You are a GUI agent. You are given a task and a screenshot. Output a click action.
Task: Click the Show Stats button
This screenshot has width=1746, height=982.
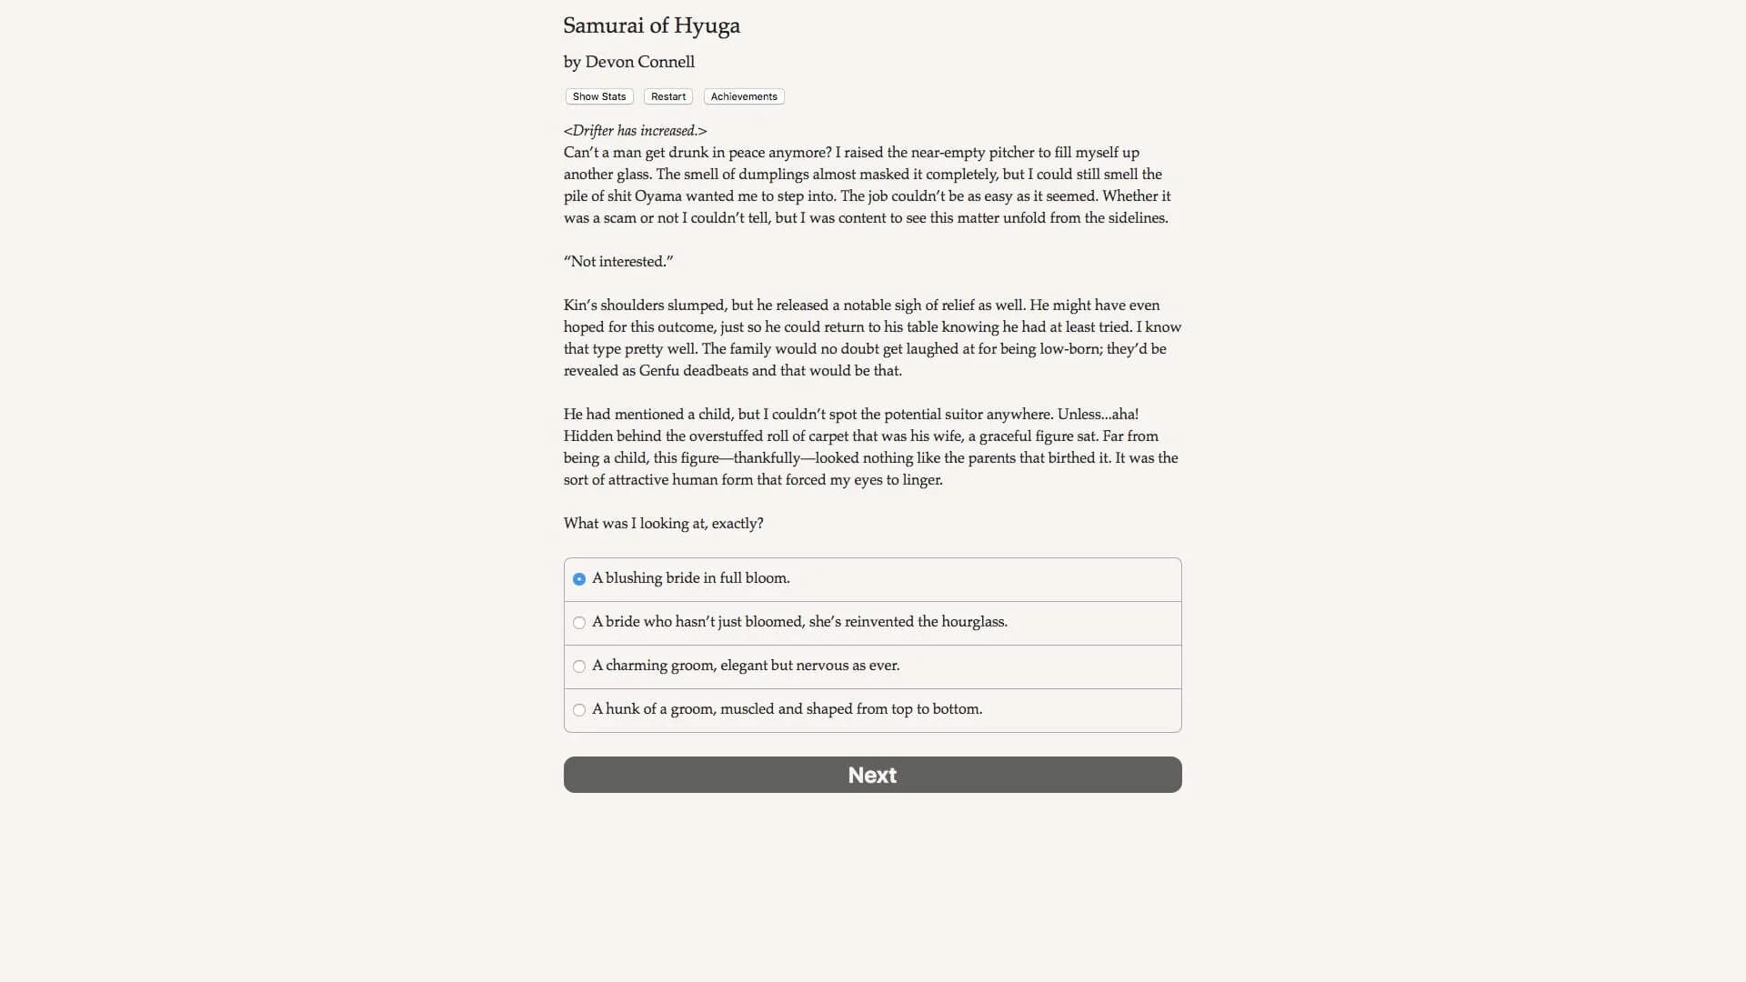click(x=599, y=96)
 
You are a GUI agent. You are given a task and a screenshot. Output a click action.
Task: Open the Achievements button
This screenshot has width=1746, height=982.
click(x=744, y=96)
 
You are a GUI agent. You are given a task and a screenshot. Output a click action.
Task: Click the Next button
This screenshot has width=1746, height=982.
click(x=872, y=775)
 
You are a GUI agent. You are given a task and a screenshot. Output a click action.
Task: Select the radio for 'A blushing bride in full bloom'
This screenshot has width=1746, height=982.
click(x=579, y=579)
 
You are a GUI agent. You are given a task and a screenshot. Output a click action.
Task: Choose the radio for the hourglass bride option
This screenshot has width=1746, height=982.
click(x=579, y=623)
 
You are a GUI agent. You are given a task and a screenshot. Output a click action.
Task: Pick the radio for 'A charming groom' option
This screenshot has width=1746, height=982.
click(x=579, y=666)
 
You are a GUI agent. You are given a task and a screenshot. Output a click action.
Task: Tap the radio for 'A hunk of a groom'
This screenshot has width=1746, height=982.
click(x=579, y=710)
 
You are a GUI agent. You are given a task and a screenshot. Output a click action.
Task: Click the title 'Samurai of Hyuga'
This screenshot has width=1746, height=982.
click(x=651, y=25)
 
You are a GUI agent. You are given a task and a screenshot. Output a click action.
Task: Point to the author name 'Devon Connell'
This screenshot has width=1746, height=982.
click(x=639, y=62)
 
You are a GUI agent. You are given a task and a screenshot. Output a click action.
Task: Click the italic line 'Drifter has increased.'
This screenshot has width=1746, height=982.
click(x=635, y=131)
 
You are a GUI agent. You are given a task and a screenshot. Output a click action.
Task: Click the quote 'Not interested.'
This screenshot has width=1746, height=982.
click(x=618, y=262)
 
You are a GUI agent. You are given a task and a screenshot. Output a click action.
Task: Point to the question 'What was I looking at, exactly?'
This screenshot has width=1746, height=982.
click(x=663, y=524)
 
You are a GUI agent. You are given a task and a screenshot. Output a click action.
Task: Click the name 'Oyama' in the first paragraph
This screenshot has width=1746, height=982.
click(x=657, y=196)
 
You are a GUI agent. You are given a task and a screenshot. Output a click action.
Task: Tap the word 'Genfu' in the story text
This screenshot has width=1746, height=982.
click(x=658, y=371)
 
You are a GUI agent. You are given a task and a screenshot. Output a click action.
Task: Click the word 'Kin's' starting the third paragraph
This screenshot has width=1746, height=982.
click(x=580, y=306)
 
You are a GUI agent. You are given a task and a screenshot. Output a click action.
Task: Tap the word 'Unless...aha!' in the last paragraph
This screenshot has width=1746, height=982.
click(x=1098, y=415)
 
